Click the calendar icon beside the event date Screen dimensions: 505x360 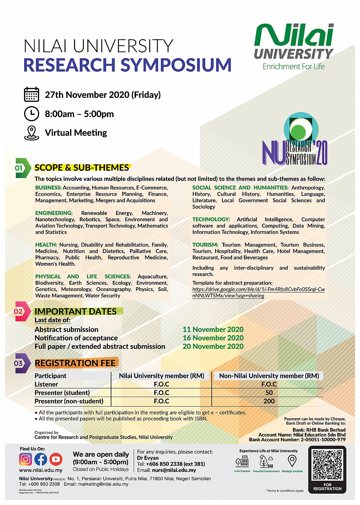tap(32, 94)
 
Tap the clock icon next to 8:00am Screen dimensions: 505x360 tap(32, 114)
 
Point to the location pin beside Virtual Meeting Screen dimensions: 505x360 tap(32, 133)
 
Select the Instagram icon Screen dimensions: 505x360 tap(26, 459)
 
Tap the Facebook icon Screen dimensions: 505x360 tap(41, 459)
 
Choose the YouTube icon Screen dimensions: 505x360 tap(56, 459)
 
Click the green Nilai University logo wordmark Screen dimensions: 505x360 tap(294, 35)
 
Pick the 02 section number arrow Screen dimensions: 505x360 tap(21, 312)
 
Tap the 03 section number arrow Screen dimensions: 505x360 tap(21, 363)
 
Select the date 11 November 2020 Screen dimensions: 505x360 tap(213, 330)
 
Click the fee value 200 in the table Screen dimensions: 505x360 tap(269, 401)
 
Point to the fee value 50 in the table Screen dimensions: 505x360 tap(269, 393)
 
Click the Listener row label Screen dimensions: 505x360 tap(46, 384)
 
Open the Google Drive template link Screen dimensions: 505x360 tap(258, 293)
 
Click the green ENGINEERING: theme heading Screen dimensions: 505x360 tap(54, 213)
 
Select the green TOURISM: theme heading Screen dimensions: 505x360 tap(205, 245)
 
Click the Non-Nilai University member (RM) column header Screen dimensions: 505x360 tap(269, 376)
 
